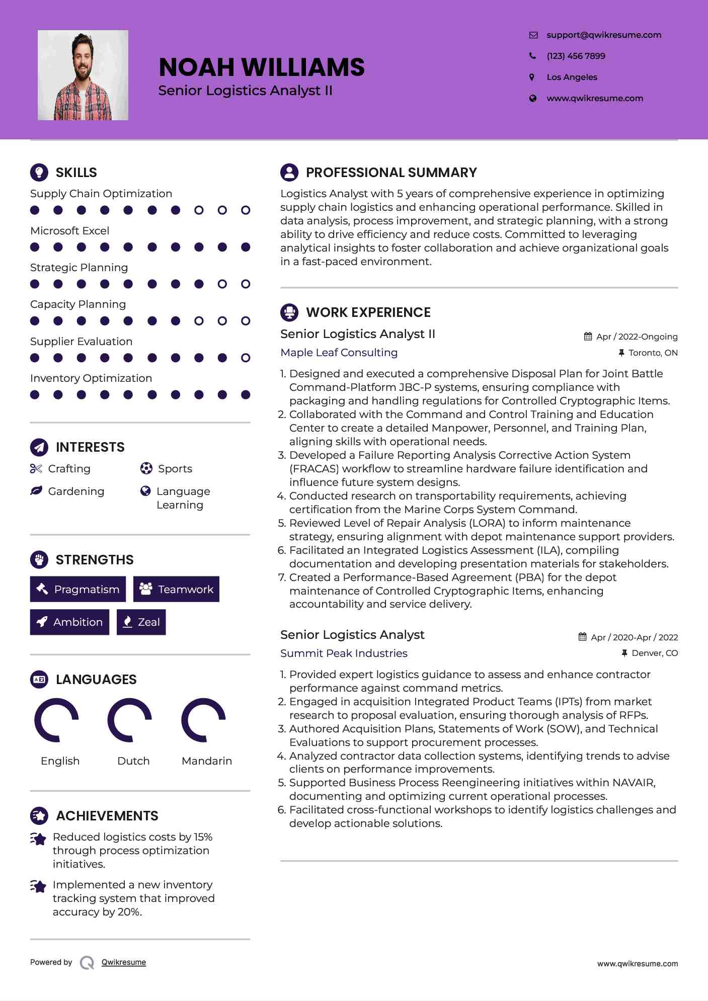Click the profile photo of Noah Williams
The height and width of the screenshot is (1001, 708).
(83, 75)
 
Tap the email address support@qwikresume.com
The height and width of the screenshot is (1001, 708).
(603, 35)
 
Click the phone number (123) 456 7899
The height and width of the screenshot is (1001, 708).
(576, 56)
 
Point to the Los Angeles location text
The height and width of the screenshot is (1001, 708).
(572, 77)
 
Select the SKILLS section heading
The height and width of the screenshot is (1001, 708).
(76, 173)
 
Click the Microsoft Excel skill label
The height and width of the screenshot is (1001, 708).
(69, 230)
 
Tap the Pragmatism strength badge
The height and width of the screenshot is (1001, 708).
(78, 589)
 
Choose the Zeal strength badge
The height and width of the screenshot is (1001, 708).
(141, 622)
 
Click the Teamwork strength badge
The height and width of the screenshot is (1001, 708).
(176, 589)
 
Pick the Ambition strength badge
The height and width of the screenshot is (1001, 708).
(69, 622)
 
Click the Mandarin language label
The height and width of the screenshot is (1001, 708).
(207, 761)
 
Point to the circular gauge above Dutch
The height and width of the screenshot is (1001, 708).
(130, 720)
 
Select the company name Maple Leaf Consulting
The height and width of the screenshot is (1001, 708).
(339, 353)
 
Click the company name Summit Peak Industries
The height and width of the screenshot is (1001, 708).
(344, 653)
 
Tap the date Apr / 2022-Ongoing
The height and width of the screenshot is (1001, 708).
(637, 337)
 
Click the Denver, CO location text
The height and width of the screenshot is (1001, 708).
(654, 653)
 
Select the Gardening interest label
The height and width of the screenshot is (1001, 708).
(76, 491)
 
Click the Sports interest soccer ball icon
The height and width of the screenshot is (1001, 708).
(146, 468)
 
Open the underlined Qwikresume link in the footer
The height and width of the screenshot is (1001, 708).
(124, 962)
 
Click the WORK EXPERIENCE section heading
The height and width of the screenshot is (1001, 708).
(368, 312)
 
